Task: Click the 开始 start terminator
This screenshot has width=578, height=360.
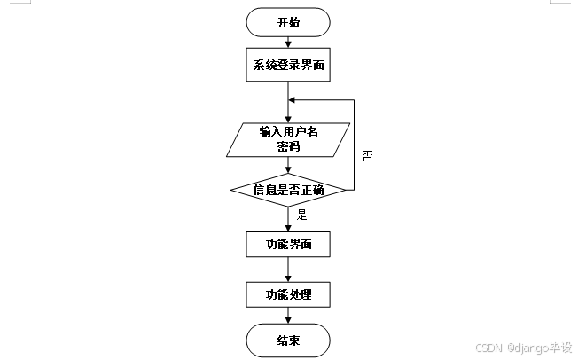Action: pyautogui.click(x=289, y=22)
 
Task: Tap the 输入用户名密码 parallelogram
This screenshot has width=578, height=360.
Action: pyautogui.click(x=289, y=139)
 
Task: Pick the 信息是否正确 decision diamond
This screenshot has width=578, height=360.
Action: pyautogui.click(x=289, y=189)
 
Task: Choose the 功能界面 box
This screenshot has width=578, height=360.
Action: pyautogui.click(x=289, y=244)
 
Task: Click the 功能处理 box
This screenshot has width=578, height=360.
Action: pyautogui.click(x=289, y=293)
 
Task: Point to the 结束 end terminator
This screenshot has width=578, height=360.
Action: pyautogui.click(x=289, y=340)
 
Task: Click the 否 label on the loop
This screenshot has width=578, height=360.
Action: pyautogui.click(x=367, y=155)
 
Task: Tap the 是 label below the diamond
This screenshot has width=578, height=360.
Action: pyautogui.click(x=301, y=214)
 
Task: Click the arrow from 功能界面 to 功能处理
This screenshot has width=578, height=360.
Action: pyautogui.click(x=289, y=269)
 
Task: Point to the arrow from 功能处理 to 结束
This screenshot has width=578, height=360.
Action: pyautogui.click(x=289, y=316)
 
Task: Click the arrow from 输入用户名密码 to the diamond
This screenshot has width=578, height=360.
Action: pyautogui.click(x=289, y=165)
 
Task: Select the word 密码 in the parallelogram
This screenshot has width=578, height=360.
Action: pyautogui.click(x=289, y=147)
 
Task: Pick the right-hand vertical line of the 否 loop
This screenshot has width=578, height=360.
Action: pyautogui.click(x=354, y=142)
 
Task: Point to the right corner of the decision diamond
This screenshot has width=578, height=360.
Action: pyautogui.click(x=346, y=189)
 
